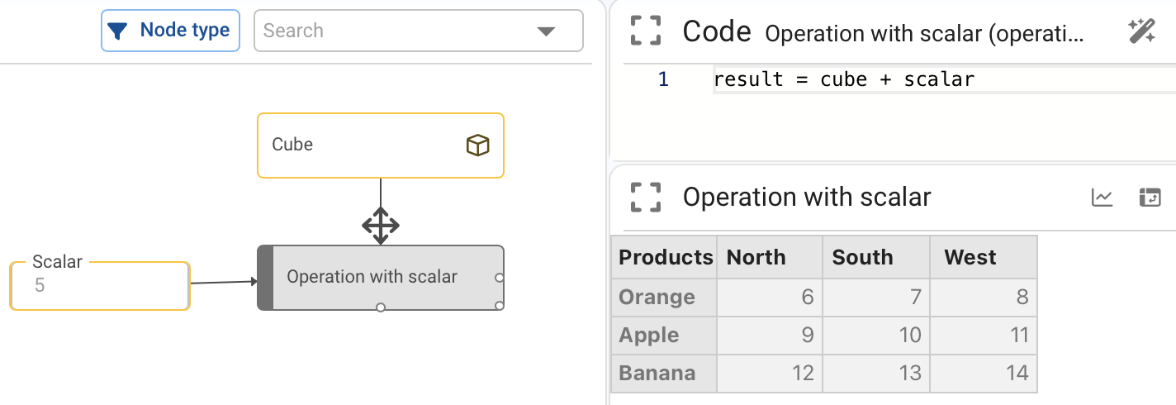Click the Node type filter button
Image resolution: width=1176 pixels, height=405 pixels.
[171, 31]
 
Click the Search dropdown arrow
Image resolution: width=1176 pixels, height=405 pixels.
[546, 31]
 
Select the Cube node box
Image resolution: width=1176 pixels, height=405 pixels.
[381, 145]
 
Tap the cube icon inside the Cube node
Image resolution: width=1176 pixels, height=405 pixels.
[477, 145]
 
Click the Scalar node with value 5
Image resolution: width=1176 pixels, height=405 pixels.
[100, 285]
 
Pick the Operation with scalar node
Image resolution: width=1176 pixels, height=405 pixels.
[381, 278]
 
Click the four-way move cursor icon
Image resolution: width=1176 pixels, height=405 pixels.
[381, 226]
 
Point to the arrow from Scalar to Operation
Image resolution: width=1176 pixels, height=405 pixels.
[224, 282]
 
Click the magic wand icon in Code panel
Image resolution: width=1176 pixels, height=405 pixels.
[1141, 31]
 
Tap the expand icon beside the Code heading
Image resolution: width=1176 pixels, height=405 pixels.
[646, 31]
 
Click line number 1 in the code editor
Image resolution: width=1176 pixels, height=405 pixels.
[663, 79]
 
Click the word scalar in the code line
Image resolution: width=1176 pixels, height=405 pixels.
[939, 79]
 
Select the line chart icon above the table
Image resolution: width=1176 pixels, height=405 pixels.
[1102, 198]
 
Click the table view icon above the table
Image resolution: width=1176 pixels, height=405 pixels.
[1150, 198]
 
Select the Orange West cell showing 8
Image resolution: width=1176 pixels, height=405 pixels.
[984, 297]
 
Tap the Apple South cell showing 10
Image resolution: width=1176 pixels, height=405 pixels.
[875, 335]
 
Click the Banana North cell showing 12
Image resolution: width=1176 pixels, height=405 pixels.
[769, 373]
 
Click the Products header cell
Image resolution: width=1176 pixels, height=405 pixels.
[664, 257]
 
